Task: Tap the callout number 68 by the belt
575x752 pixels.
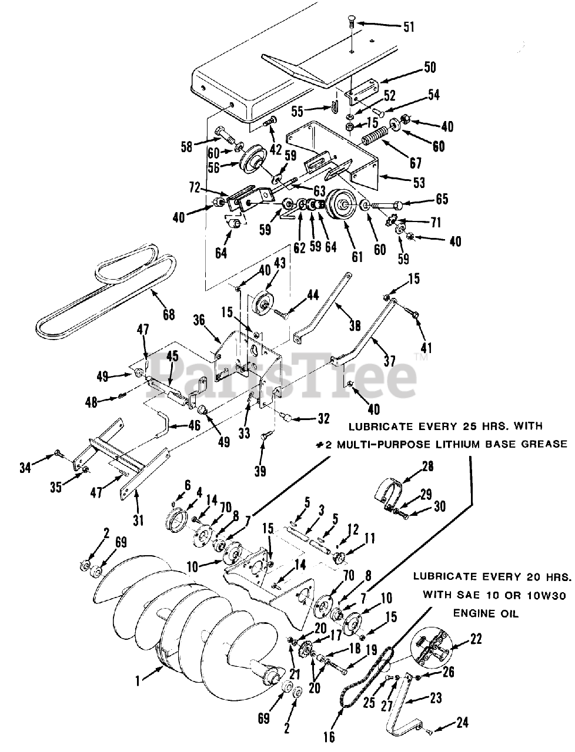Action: pos(168,314)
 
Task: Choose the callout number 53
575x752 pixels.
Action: pos(418,183)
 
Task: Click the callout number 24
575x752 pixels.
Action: pos(463,723)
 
